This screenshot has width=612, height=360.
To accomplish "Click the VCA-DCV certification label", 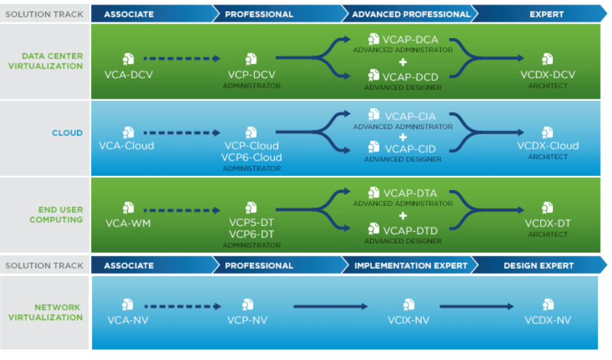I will (x=128, y=74).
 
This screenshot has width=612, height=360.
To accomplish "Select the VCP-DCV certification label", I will (x=251, y=74).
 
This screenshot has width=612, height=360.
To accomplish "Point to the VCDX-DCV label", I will (x=547, y=74).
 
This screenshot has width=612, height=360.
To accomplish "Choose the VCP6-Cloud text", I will (x=251, y=157).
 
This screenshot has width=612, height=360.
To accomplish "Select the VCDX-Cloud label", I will (x=547, y=146).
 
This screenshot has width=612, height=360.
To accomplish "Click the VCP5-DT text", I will (x=251, y=223).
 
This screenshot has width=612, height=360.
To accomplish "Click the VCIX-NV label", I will (x=408, y=320).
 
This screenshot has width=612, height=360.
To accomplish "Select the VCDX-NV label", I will (x=547, y=320).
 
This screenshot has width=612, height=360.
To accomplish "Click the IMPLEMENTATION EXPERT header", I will (x=410, y=265).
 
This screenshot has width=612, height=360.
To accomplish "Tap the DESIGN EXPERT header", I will (x=538, y=265).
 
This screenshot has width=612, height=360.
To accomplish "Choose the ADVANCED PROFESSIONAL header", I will (x=410, y=13).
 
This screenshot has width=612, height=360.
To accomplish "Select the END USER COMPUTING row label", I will (x=56, y=214).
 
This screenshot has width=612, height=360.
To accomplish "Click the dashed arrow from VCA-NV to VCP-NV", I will (x=182, y=307).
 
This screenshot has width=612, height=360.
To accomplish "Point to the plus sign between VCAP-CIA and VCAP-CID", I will (x=403, y=137).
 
